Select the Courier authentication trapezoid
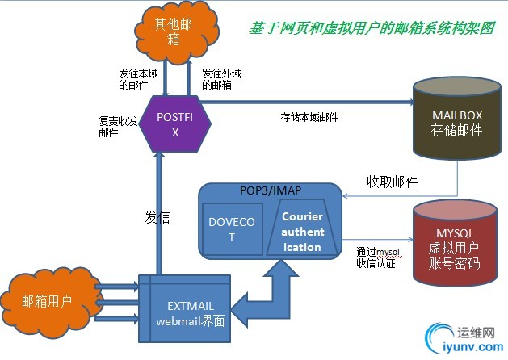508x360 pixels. (302, 231)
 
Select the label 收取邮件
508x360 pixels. (393, 182)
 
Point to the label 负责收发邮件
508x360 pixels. (116, 128)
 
